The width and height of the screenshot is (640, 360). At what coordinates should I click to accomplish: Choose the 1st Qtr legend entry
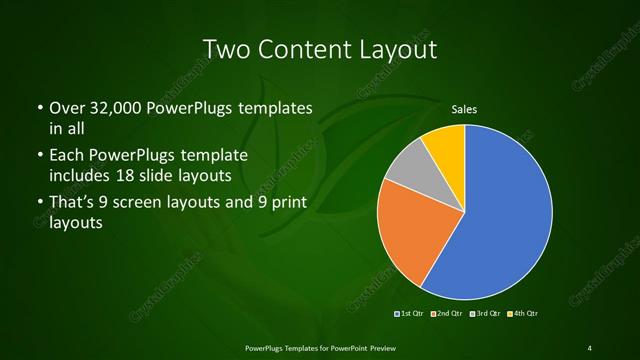tap(411, 314)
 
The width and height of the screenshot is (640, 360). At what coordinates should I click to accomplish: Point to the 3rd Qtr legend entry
tap(484, 314)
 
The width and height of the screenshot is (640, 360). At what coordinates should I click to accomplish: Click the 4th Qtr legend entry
tap(521, 314)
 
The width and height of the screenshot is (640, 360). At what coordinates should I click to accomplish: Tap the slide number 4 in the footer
tap(590, 347)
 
